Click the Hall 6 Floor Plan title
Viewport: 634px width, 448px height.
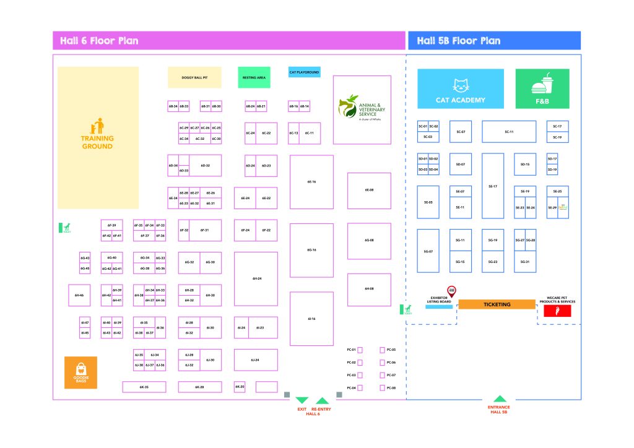click(99, 41)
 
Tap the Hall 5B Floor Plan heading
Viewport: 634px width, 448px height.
click(458, 41)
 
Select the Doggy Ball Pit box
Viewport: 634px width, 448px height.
click(194, 77)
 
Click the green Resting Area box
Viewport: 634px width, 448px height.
click(254, 77)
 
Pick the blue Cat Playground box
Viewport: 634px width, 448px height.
click(304, 72)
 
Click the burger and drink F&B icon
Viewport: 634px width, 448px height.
click(542, 85)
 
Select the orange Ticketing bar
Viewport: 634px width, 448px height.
click(497, 304)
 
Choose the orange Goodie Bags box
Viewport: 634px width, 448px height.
click(81, 372)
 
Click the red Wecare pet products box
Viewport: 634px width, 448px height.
click(557, 311)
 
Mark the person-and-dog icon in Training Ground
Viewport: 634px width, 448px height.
click(97, 126)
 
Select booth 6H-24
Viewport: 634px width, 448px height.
click(256, 278)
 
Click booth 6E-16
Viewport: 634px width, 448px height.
click(311, 182)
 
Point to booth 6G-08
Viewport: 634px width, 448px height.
click(368, 240)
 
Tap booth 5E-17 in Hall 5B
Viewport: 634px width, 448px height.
click(493, 186)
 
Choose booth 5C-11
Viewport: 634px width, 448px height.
click(509, 132)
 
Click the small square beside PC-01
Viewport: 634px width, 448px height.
click(360, 350)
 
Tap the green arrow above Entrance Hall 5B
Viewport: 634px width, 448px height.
click(499, 399)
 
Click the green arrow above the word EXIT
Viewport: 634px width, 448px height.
click(302, 400)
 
